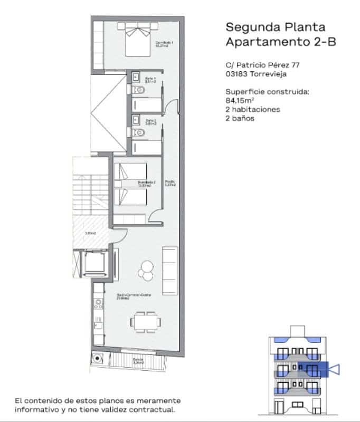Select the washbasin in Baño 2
point(135,119)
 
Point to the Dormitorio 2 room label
point(147,184)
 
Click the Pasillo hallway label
point(169,183)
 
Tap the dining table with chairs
point(144,321)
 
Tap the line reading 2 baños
point(240,118)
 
